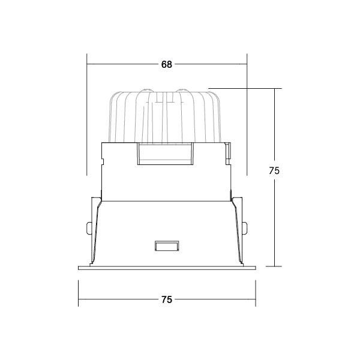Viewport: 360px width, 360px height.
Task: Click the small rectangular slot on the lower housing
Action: tap(166, 246)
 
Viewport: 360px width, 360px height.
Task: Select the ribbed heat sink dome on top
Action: tap(167, 114)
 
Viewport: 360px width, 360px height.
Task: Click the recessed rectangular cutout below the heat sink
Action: tap(166, 154)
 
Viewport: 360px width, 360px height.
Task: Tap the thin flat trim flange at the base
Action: tap(167, 267)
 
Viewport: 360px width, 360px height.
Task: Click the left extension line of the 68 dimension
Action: tap(88, 120)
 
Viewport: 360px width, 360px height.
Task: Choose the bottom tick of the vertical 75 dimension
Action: tap(275, 266)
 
